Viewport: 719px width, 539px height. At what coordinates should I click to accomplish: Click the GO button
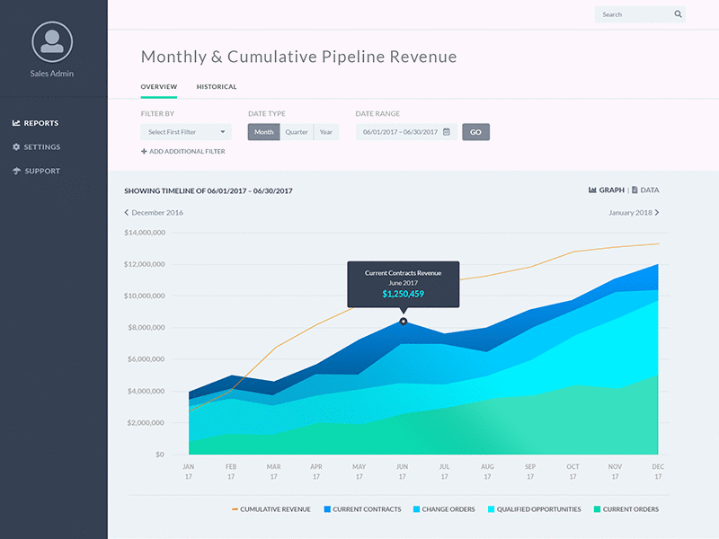[x=475, y=132]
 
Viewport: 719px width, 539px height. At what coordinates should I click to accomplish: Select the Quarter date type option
[x=297, y=132]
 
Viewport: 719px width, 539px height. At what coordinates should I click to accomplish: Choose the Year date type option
[x=325, y=132]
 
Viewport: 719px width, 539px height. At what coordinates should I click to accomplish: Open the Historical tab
[x=217, y=87]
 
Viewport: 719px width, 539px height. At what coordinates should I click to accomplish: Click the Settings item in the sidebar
[x=42, y=147]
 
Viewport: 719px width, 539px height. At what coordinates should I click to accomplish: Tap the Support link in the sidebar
[x=42, y=172]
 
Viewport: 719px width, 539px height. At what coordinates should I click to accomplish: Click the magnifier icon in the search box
[x=678, y=14]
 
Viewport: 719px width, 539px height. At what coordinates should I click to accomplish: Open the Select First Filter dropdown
[x=186, y=132]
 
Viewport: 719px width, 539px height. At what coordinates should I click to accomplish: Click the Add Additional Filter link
[x=183, y=152]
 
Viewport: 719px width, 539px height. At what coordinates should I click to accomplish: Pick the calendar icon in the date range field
[x=447, y=132]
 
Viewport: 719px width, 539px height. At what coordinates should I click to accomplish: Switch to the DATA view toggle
[x=645, y=190]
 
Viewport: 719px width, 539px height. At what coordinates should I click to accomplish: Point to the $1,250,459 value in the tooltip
[x=403, y=294]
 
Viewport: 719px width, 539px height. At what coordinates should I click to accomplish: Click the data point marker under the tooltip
[x=404, y=321]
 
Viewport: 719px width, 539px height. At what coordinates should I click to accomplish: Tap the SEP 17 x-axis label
[x=530, y=472]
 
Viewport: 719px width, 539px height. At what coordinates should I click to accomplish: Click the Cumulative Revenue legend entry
[x=271, y=509]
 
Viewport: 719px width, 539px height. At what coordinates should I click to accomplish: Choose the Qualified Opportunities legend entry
[x=534, y=509]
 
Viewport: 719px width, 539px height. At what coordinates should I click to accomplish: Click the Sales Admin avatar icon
[x=52, y=41]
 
